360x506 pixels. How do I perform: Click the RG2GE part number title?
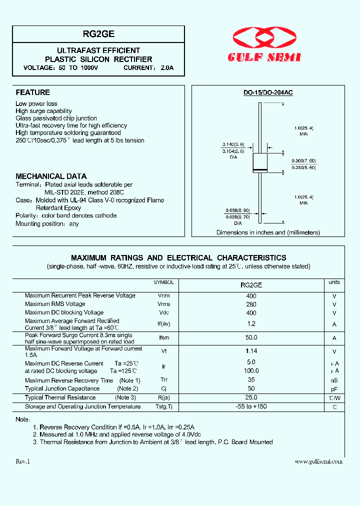click(98, 34)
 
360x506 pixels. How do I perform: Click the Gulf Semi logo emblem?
click(264, 39)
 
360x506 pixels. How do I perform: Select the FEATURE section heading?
click(33, 92)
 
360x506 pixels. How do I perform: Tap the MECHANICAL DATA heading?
click(51, 176)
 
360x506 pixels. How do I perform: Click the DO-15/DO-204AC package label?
click(268, 93)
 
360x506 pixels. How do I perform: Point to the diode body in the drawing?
click(260, 164)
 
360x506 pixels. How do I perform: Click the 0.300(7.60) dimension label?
click(304, 160)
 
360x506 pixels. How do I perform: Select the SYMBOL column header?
click(164, 282)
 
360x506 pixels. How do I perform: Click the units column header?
click(334, 282)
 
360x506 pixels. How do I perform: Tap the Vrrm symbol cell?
click(164, 295)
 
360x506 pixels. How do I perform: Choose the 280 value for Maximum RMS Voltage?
click(251, 304)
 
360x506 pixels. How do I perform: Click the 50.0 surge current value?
click(251, 338)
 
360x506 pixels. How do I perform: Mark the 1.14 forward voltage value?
click(251, 351)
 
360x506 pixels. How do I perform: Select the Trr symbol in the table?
click(164, 380)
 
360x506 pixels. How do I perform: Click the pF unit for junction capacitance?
click(334, 389)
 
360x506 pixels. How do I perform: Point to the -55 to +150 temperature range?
click(251, 406)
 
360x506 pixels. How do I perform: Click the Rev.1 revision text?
click(23, 461)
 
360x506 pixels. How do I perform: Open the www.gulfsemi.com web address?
click(318, 461)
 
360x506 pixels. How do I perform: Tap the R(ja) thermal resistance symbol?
click(164, 397)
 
